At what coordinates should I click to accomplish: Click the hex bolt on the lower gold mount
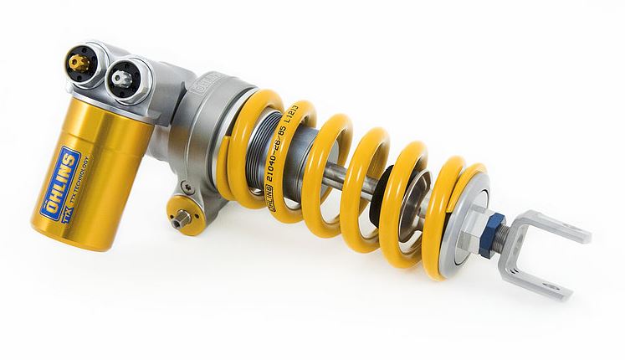(x=179, y=221)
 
